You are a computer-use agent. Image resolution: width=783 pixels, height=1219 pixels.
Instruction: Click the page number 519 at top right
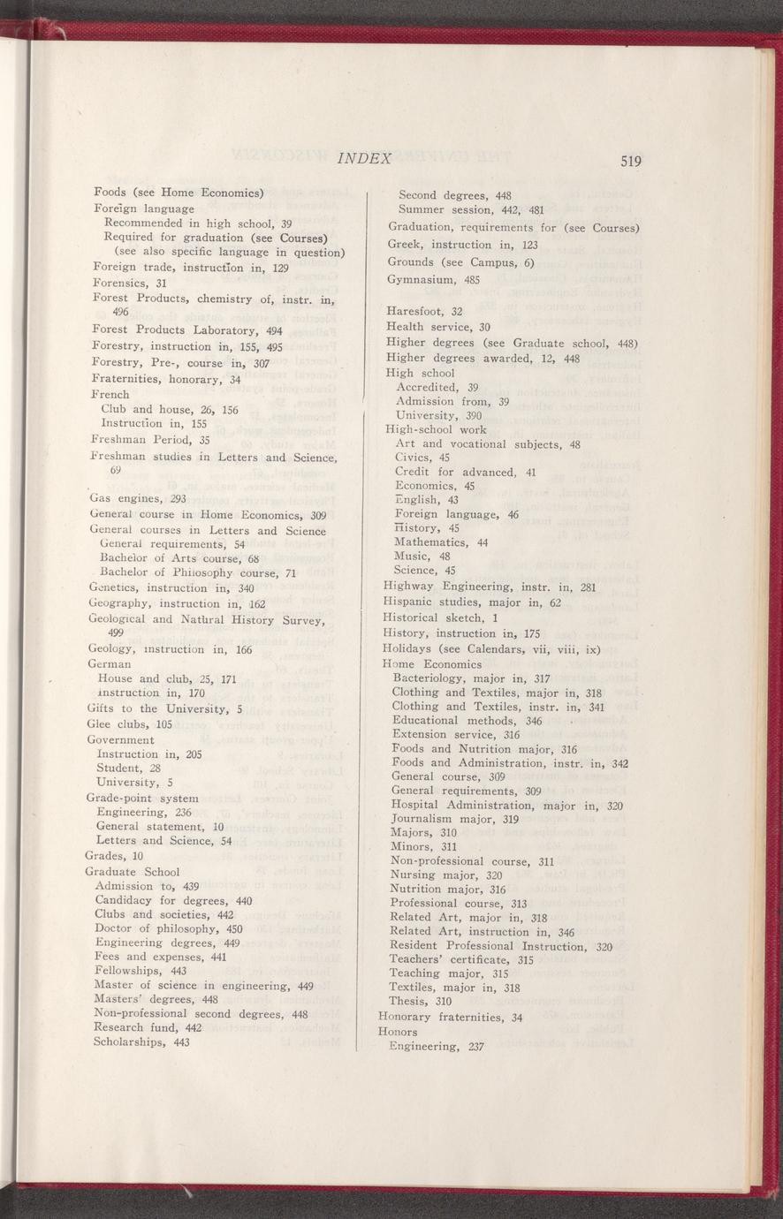tap(630, 161)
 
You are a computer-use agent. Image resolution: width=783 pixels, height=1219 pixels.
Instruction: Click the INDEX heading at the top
tap(364, 158)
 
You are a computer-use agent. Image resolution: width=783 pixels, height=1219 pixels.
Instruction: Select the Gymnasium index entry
tap(421, 280)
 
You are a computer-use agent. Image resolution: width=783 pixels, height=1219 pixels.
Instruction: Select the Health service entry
tap(438, 328)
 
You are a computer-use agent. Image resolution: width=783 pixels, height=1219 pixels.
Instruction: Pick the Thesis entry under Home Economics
tap(421, 1002)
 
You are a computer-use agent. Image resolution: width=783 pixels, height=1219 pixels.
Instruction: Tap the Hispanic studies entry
tap(473, 602)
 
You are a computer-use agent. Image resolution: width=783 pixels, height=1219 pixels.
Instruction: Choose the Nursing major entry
tap(438, 874)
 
